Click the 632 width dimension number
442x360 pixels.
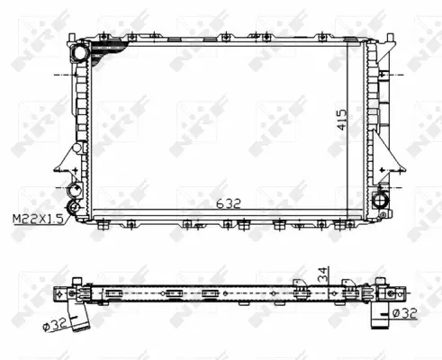tap(228, 204)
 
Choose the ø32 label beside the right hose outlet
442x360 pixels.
tap(405, 312)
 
